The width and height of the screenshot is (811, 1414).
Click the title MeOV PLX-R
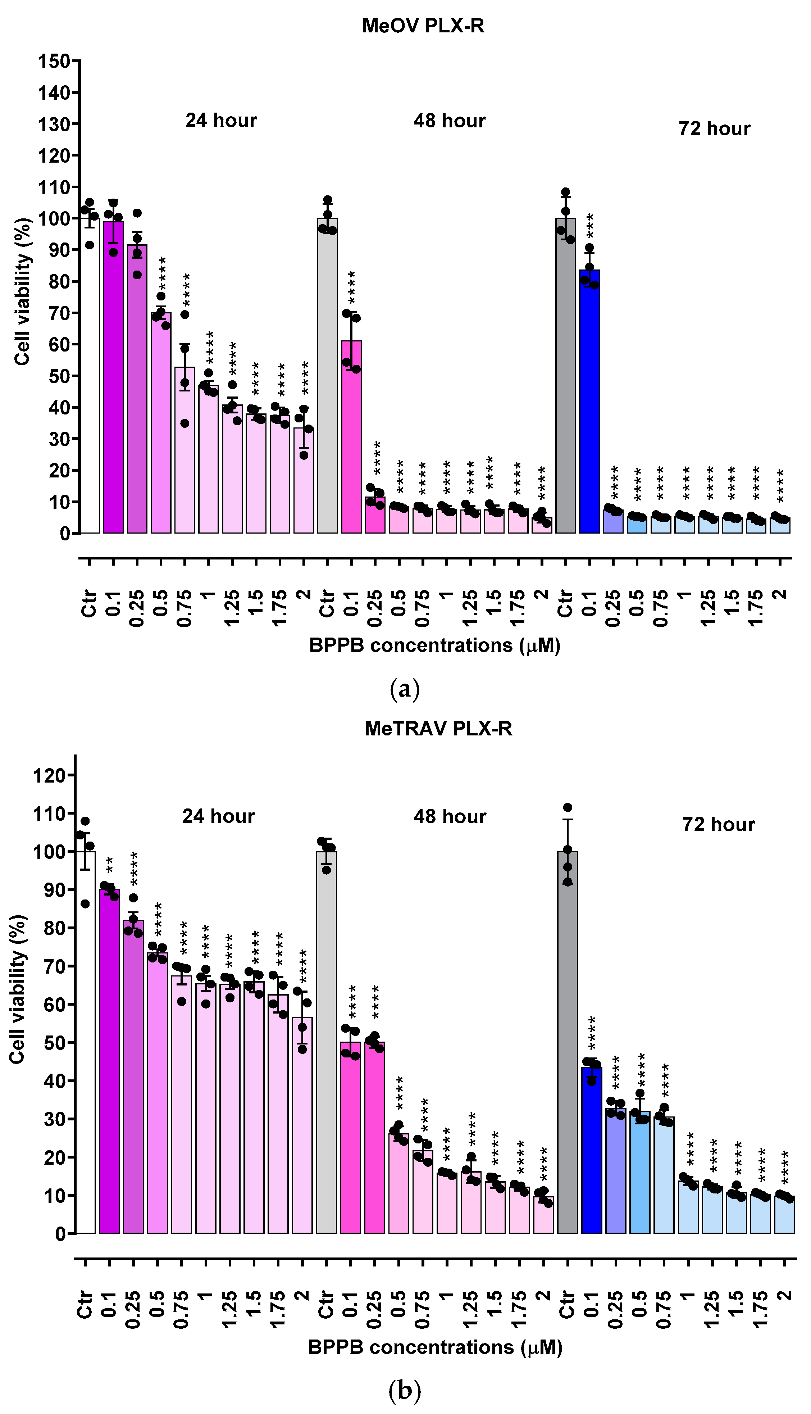(423, 26)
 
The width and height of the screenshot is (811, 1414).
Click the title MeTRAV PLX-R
(438, 729)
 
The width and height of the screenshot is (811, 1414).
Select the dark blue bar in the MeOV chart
(589, 401)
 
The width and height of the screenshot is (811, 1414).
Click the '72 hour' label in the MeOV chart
(714, 129)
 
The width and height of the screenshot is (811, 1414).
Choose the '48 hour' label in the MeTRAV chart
(450, 817)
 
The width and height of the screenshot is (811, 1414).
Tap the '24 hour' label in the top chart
(221, 120)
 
